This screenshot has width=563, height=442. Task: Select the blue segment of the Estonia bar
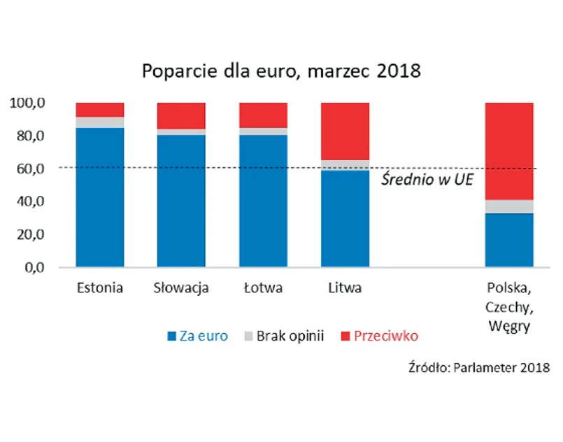pyautogui.click(x=100, y=197)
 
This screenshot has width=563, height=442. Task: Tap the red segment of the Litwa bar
pyautogui.click(x=345, y=131)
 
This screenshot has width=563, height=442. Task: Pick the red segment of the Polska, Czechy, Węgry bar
pyautogui.click(x=509, y=151)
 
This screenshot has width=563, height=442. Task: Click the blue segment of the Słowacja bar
pyautogui.click(x=181, y=201)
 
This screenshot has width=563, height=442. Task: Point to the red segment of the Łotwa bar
pyautogui.click(x=263, y=115)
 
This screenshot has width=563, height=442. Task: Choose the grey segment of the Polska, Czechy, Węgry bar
pyautogui.click(x=509, y=206)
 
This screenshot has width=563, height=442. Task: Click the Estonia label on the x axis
pyautogui.click(x=100, y=288)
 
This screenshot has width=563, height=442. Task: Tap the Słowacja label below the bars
pyautogui.click(x=181, y=288)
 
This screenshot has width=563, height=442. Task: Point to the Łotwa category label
pyautogui.click(x=263, y=288)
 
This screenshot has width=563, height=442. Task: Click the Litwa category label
pyautogui.click(x=345, y=288)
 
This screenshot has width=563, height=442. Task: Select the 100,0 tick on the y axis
pyautogui.click(x=28, y=103)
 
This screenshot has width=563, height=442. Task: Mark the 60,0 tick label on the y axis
pyautogui.click(x=28, y=169)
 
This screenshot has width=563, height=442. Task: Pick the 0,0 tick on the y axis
pyautogui.click(x=32, y=267)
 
